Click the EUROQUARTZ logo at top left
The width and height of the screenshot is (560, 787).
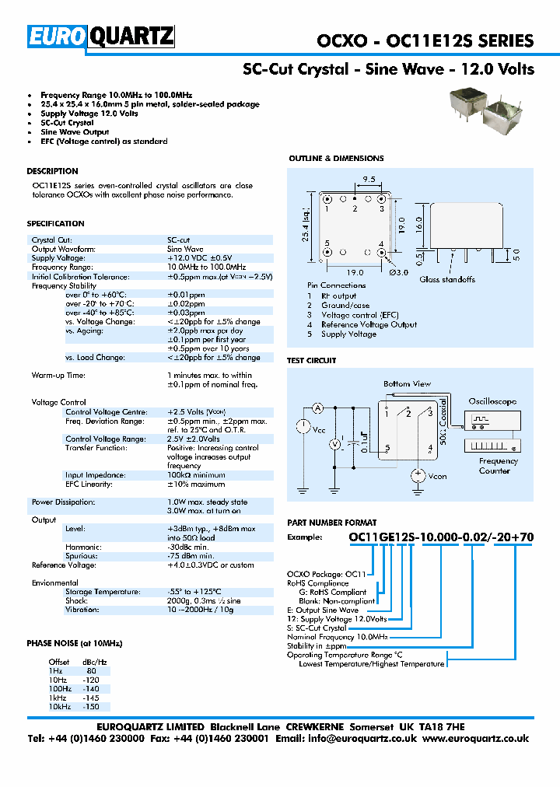click(101, 37)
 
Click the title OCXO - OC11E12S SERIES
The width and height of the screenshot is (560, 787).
click(425, 41)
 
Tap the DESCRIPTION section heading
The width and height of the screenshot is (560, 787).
click(52, 171)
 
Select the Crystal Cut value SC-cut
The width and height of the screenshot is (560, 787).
click(179, 240)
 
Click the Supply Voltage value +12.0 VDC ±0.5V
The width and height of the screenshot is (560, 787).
click(200, 257)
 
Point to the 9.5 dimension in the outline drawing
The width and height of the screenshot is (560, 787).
click(369, 179)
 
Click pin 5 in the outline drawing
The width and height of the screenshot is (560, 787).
click(327, 252)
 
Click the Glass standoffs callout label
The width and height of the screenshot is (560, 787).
click(448, 279)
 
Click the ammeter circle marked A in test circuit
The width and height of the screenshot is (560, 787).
click(317, 408)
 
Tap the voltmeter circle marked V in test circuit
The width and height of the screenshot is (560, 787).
click(335, 443)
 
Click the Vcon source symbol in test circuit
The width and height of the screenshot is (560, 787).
click(418, 474)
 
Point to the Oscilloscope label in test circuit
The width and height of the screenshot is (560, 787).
click(492, 401)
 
